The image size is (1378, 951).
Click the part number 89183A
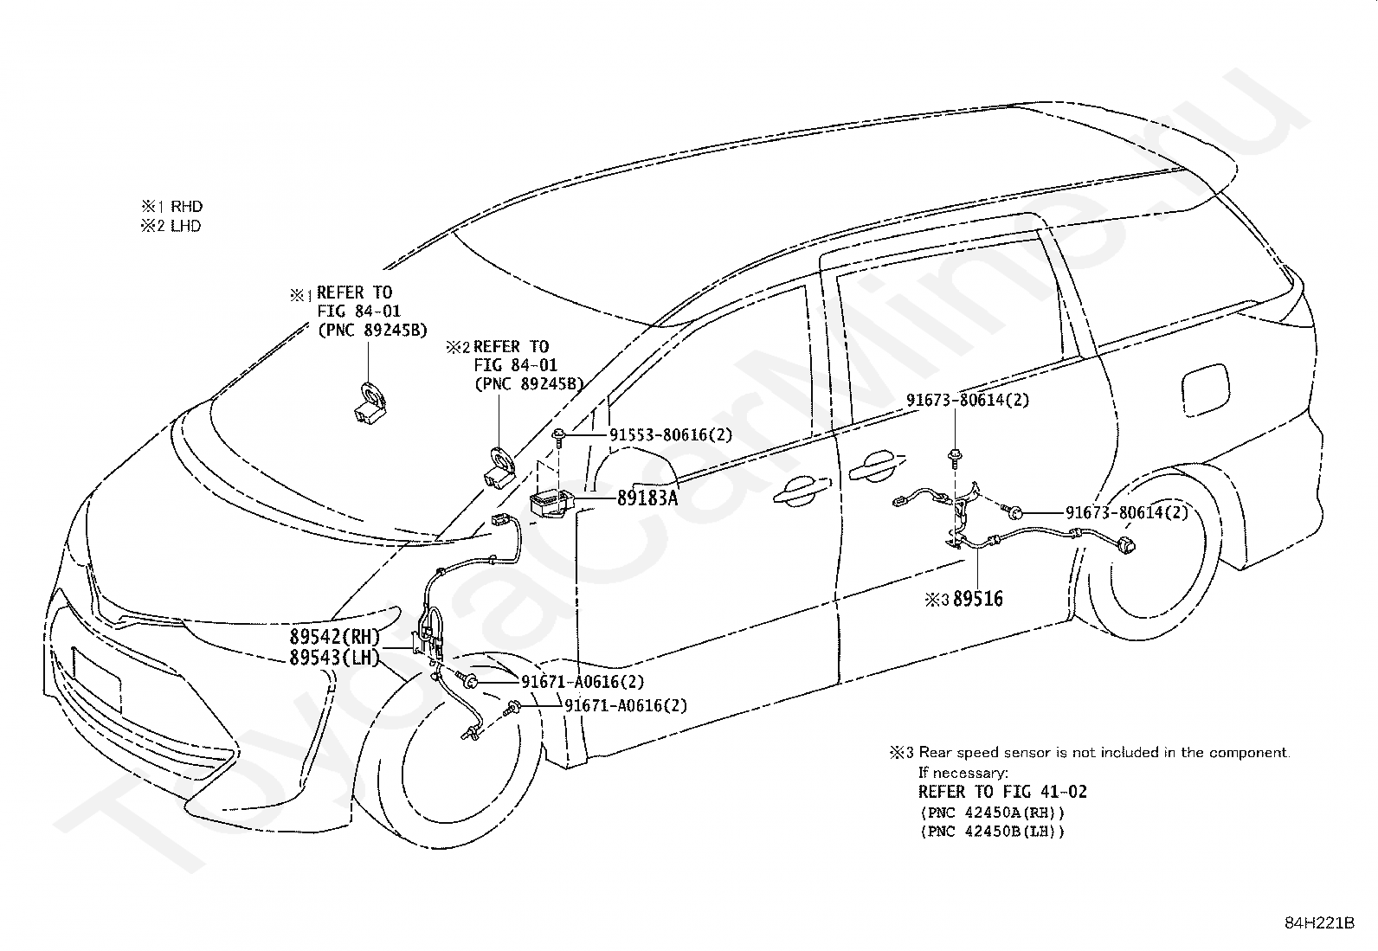pyautogui.click(x=647, y=498)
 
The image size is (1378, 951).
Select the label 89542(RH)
pyautogui.click(x=335, y=636)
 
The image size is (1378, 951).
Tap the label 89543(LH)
pyautogui.click(x=335, y=658)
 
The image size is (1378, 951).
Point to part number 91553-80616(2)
pyautogui.click(x=671, y=435)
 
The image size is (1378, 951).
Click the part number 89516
pyautogui.click(x=978, y=599)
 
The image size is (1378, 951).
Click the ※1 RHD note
pyautogui.click(x=172, y=206)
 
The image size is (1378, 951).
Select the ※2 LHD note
pyautogui.click(x=171, y=226)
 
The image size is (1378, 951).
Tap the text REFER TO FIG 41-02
pyautogui.click(x=1002, y=792)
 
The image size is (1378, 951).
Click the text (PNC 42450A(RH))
pyautogui.click(x=992, y=812)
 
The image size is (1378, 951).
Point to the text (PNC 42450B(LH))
pyautogui.click(x=992, y=832)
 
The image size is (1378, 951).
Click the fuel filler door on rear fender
pyautogui.click(x=1205, y=392)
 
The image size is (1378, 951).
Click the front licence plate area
pyautogui.click(x=97, y=681)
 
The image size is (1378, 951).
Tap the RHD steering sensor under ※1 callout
pyautogui.click(x=371, y=403)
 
